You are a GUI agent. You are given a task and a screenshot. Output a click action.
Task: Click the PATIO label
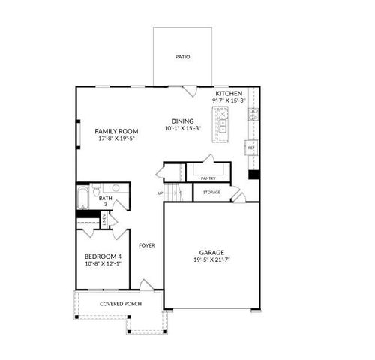point(182,56)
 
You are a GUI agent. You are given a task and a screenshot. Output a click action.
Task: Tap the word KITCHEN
point(229,92)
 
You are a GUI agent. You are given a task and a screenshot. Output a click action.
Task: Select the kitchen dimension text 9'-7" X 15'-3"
point(229,100)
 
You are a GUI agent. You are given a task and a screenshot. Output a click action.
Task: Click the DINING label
point(182,121)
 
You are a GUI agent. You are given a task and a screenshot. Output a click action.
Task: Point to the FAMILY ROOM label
point(114,131)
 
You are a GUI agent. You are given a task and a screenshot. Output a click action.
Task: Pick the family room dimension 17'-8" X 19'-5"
point(114,139)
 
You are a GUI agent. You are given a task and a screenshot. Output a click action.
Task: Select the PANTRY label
point(208,178)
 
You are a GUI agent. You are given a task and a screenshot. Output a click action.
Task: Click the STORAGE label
point(211,193)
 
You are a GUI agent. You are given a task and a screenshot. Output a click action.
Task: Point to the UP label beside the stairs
point(160,193)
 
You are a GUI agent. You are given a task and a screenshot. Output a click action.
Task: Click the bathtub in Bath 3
point(82,198)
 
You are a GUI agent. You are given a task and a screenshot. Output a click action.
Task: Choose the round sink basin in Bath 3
point(116,189)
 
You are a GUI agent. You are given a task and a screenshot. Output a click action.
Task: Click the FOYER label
point(146,245)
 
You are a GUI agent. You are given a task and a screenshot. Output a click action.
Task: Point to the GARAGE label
point(211,252)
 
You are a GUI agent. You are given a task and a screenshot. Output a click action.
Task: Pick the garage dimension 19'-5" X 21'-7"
point(211,260)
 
